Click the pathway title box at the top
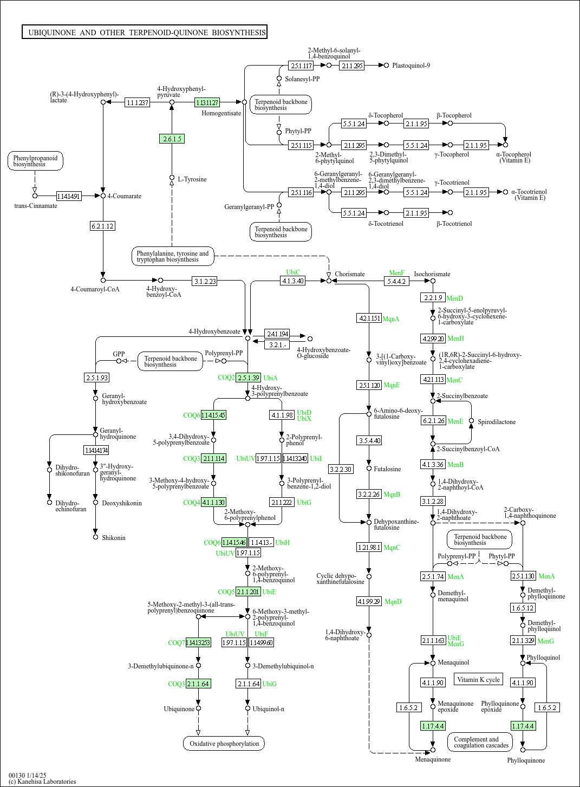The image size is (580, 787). tap(145, 32)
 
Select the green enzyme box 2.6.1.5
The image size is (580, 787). tap(172, 139)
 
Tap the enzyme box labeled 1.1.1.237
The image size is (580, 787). tap(137, 102)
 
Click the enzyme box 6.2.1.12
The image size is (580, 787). tap(102, 226)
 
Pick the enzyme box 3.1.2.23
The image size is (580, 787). tap(205, 281)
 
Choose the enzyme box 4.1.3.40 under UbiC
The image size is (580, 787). tap(292, 281)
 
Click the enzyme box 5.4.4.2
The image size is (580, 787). tap(396, 281)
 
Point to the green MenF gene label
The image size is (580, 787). tap(396, 273)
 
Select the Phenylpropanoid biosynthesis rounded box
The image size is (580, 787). tap(35, 161)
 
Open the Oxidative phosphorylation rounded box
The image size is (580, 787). tap(224, 743)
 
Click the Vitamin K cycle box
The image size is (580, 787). tap(478, 679)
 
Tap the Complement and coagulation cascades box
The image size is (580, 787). tap(481, 742)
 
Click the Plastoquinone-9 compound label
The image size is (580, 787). tap(411, 66)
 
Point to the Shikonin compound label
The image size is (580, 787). tap(114, 538)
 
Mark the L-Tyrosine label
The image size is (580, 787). tap(192, 179)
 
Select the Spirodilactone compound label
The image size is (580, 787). tap(497, 422)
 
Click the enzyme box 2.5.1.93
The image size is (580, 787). tap(97, 378)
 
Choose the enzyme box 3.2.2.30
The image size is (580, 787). tap(341, 469)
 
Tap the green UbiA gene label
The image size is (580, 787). tap(270, 378)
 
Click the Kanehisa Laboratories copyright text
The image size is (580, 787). tap(42, 781)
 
